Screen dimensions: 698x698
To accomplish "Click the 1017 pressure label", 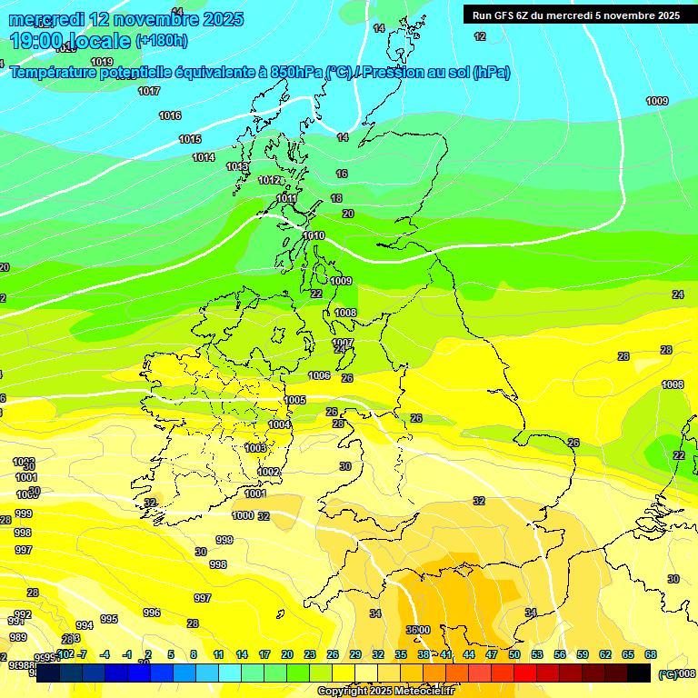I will [149, 91].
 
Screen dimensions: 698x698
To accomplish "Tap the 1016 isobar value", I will [170, 115].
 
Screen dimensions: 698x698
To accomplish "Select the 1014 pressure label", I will [204, 157].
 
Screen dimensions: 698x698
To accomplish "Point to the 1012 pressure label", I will [269, 180].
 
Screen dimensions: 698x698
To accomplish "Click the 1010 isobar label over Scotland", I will [314, 235].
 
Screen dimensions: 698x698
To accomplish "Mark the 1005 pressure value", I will [294, 400].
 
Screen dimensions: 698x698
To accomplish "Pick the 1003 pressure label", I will [255, 448].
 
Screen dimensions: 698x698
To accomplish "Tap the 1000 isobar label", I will [243, 515].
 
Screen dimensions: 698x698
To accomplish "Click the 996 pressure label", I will [152, 613].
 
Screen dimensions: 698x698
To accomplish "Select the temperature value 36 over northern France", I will [412, 630].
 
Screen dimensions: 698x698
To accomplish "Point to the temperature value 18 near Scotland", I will [336, 198].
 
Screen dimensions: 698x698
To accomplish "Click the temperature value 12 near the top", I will [480, 36].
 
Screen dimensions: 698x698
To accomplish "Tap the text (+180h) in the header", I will [162, 40].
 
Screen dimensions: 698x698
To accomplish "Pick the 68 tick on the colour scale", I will [651, 654].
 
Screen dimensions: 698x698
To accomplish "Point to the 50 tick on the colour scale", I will [514, 654].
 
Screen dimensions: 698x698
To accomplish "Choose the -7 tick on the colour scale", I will [82, 654].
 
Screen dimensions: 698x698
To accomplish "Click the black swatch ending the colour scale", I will [639, 673].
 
